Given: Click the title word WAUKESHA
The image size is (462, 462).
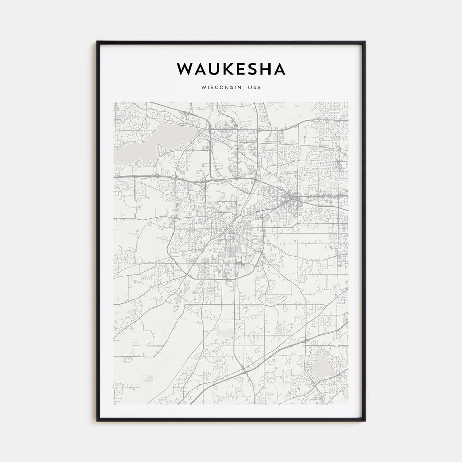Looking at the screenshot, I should tap(231, 69).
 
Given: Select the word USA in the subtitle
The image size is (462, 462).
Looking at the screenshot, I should tap(254, 88).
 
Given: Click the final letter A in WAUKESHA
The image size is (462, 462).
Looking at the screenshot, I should tap(279, 69).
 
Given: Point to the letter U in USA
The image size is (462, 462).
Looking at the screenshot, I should tap(249, 88).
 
